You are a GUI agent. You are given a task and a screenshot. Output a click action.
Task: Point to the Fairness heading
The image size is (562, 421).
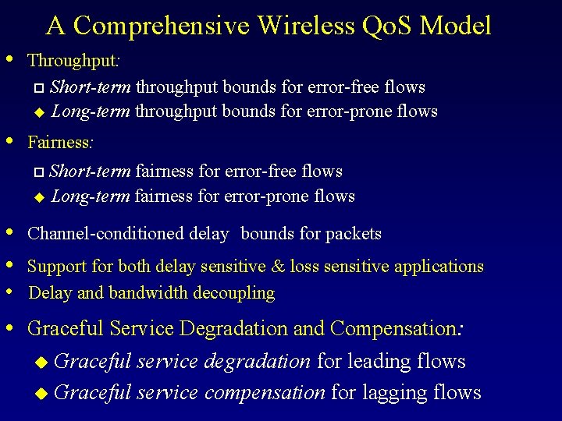60,142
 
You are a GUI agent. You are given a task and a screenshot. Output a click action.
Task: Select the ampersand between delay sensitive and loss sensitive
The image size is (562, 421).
278,267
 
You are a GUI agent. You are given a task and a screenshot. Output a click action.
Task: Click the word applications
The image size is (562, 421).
439,267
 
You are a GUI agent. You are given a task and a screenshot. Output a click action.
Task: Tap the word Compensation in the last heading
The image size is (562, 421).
394,329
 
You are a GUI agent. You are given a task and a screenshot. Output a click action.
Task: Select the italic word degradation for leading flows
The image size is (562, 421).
261,362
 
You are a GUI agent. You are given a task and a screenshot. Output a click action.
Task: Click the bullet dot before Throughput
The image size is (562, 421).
9,58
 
